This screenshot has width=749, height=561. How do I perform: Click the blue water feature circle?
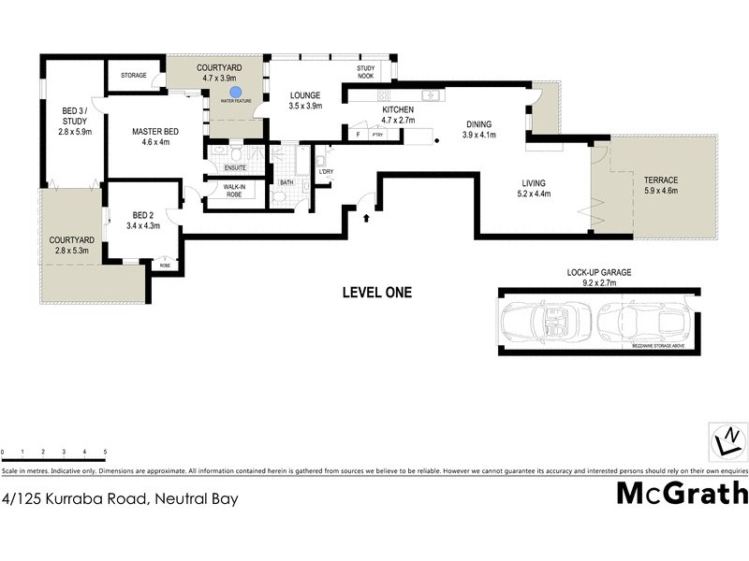pyautogui.click(x=237, y=92)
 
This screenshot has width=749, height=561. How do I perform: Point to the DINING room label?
pyautogui.click(x=478, y=123)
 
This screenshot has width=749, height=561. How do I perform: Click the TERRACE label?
pyautogui.click(x=660, y=180)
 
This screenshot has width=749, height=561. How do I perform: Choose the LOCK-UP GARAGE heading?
pyautogui.click(x=599, y=272)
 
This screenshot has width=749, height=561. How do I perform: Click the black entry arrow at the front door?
pyautogui.click(x=365, y=217)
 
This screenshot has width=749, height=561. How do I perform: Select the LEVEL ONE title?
pyautogui.click(x=376, y=293)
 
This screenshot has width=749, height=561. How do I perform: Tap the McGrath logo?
pyautogui.click(x=682, y=493)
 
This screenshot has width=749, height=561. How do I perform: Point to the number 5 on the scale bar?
pyautogui.click(x=105, y=452)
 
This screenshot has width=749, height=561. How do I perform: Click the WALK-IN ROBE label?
pyautogui.click(x=235, y=191)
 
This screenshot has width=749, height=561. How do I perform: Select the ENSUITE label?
pyautogui.click(x=235, y=167)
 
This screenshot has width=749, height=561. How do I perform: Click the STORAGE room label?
pyautogui.click(x=134, y=75)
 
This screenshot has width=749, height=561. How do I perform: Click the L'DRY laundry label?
pyautogui.click(x=326, y=171)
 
